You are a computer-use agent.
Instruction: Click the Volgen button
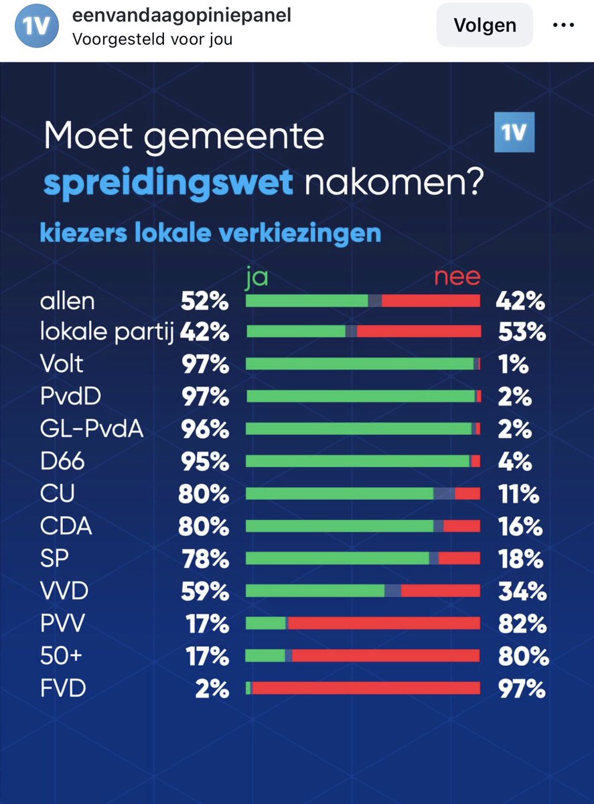(485, 25)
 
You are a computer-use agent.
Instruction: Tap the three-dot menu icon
(563, 25)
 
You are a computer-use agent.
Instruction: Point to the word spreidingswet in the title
(169, 182)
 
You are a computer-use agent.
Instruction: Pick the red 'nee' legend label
(457, 277)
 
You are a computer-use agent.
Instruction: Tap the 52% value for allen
(204, 301)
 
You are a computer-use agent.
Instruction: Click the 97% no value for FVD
(520, 689)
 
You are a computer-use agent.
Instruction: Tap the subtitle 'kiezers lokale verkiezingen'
(210, 234)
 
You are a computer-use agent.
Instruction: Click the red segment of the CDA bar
(461, 527)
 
